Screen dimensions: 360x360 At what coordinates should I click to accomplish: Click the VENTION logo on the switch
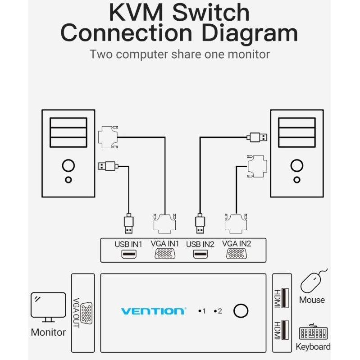tap(153, 311)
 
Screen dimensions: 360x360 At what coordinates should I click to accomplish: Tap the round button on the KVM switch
tap(241, 311)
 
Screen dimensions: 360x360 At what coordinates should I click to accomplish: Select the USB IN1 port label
tap(128, 244)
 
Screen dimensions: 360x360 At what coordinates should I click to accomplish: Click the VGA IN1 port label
tap(165, 244)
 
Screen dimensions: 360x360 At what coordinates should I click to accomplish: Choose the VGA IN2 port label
tap(237, 244)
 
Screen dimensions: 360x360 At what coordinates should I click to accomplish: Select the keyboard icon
tap(313, 333)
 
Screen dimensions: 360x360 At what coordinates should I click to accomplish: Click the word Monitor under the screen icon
tap(48, 333)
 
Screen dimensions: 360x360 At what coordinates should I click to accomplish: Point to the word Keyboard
tap(313, 347)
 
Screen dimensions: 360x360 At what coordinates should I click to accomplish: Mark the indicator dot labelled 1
tap(199, 311)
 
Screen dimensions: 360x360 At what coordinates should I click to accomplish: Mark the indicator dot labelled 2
tap(216, 311)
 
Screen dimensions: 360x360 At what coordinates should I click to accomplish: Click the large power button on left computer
tap(68, 165)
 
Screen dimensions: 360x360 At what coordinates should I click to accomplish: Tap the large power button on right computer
tap(296, 165)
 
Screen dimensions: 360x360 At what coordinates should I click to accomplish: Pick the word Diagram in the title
tap(249, 34)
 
